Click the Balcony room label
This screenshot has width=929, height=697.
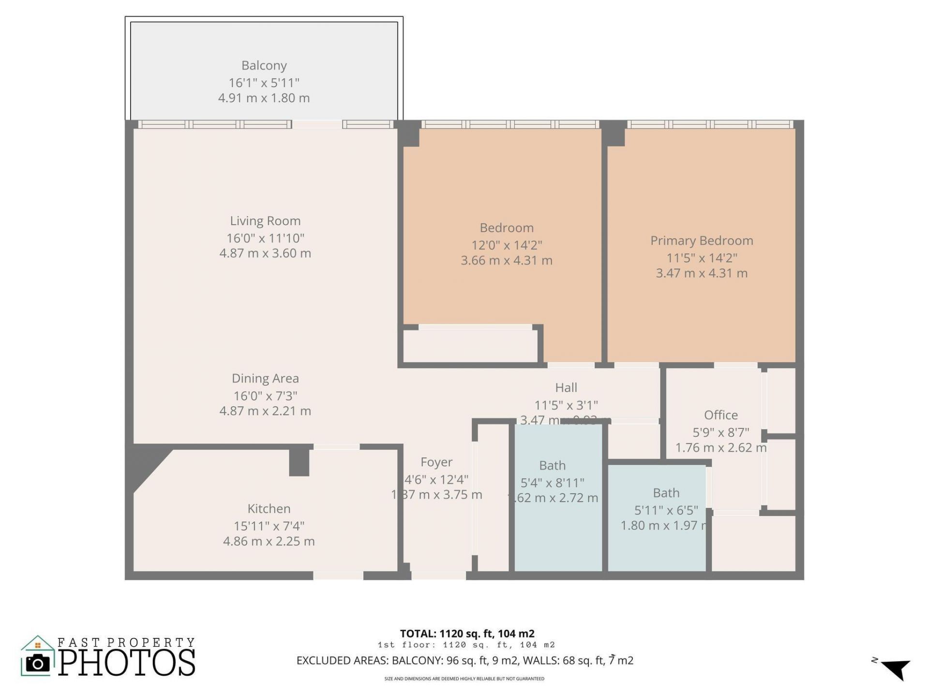pos(264,65)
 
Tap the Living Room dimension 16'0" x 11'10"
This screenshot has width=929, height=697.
pos(265,238)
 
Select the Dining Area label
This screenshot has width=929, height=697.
pos(265,379)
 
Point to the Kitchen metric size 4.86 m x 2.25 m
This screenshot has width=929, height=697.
pos(269,541)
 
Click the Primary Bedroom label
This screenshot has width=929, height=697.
pos(701,241)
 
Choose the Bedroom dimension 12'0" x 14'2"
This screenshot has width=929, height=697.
pos(507,245)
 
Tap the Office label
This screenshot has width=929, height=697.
pos(720,415)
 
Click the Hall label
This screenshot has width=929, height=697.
pos(566,388)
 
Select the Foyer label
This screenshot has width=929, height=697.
pos(436,462)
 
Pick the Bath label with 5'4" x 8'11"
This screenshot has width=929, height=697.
pos(552,466)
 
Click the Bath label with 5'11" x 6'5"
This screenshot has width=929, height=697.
pos(666,493)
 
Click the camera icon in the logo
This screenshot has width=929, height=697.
pos(37,663)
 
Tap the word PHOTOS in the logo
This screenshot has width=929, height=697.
pos(127,663)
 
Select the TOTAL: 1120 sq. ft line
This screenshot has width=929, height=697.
pos(467,634)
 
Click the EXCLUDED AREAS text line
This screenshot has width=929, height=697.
pos(464,661)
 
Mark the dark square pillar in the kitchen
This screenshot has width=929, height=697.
pos(299,462)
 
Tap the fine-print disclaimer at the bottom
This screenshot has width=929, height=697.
pos(464,679)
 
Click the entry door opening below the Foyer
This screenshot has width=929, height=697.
pos(438,576)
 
